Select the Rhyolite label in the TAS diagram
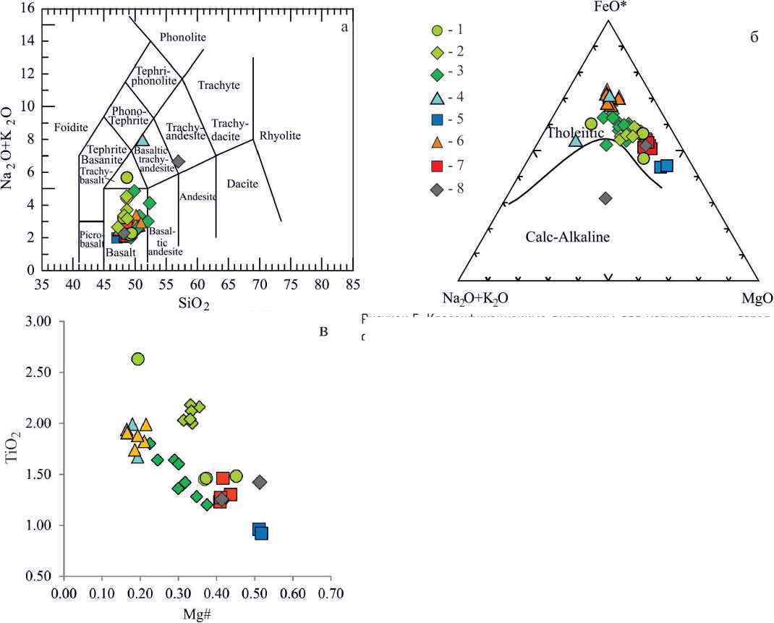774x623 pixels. point(280,135)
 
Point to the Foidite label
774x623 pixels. point(70,127)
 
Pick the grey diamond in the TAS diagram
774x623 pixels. point(178,162)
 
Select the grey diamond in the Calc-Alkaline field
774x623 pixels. point(606,198)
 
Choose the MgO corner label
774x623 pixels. point(757,298)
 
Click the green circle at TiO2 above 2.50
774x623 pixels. point(138,359)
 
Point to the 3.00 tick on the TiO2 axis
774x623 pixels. point(43,321)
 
